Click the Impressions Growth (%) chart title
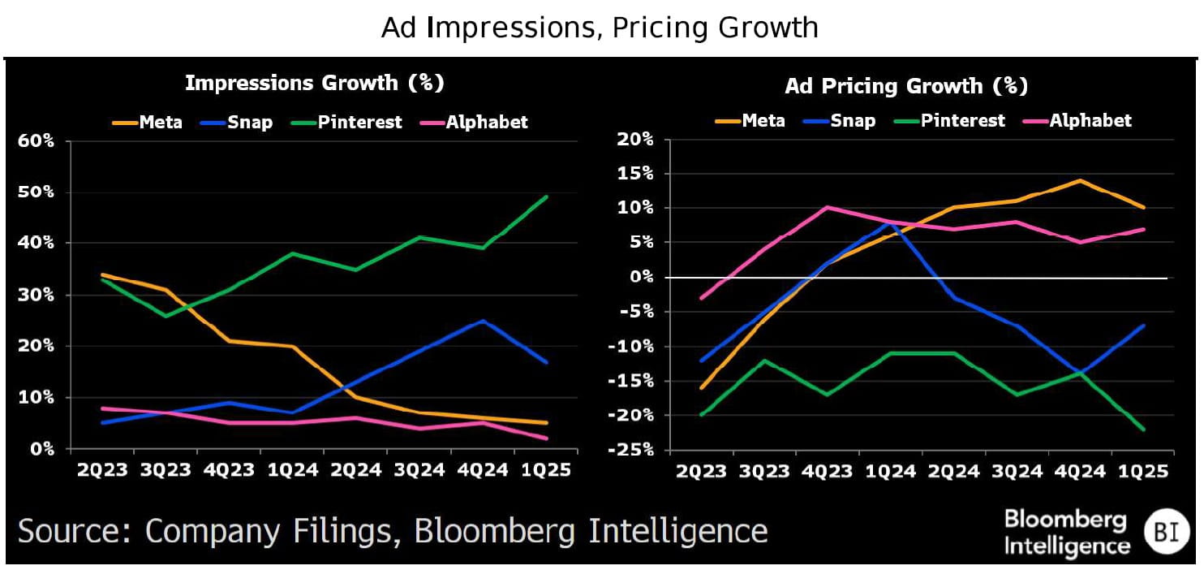[x=315, y=83]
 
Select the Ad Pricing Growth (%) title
[x=906, y=86]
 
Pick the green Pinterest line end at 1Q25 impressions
[x=546, y=196]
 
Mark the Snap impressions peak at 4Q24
[x=484, y=321]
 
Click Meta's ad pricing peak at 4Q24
[x=1080, y=180]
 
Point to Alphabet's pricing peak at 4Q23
[x=827, y=207]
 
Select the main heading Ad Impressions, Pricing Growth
[x=600, y=28]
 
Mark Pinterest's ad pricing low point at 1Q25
[x=1143, y=430]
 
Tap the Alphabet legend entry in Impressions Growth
[x=486, y=123]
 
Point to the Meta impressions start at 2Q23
[x=103, y=274]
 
